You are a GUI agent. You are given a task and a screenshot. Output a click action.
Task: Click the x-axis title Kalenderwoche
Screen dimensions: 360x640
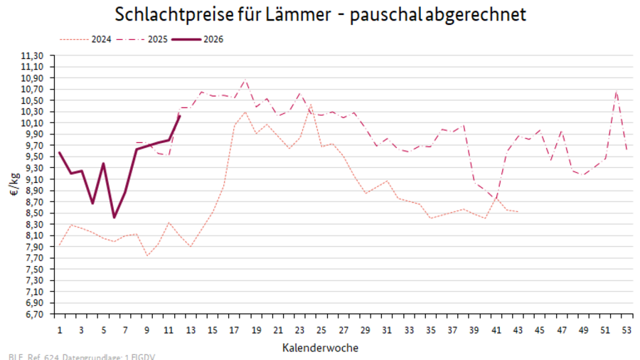(x=320, y=348)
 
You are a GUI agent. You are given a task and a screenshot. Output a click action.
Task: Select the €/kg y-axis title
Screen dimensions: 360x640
(x=14, y=184)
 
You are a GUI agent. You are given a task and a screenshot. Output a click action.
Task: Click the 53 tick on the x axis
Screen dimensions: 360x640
(x=626, y=330)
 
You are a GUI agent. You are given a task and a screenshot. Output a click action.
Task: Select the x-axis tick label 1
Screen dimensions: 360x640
(x=60, y=330)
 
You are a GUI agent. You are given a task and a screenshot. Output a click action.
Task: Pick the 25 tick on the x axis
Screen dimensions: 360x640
(x=321, y=330)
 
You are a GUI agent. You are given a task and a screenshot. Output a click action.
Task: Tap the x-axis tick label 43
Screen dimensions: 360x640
(x=518, y=330)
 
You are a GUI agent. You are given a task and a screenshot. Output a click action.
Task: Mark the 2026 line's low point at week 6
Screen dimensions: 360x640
(x=114, y=217)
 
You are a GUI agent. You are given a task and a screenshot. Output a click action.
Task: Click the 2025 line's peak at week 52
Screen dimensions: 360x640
(x=616, y=90)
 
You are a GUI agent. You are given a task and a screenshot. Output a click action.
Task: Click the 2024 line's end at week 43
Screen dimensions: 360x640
(x=518, y=212)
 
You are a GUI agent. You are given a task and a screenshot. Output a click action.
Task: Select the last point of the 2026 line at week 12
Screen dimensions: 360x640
(x=180, y=115)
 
